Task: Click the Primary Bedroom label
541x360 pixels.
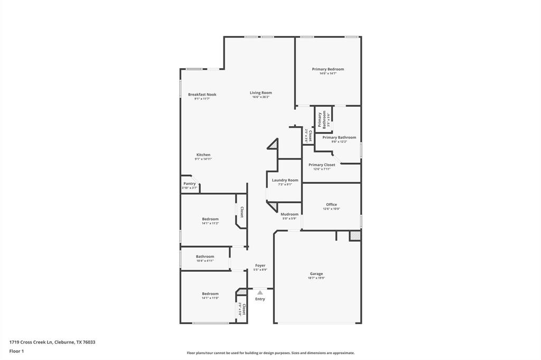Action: (x=328, y=69)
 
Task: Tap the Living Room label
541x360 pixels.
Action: (x=260, y=92)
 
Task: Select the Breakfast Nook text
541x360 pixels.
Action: (x=202, y=94)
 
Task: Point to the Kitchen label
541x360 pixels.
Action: (x=203, y=155)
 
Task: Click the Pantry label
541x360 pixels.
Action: (x=189, y=184)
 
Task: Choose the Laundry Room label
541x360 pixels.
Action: (x=285, y=180)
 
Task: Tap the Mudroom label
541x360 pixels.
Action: (x=290, y=214)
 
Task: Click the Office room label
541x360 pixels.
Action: (x=331, y=204)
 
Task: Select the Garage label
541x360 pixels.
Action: (x=316, y=273)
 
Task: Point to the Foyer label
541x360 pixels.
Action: (x=260, y=266)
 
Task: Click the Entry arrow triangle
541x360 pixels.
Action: (x=260, y=292)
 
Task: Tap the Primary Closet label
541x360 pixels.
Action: (x=322, y=165)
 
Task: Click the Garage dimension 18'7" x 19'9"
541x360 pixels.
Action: (x=316, y=278)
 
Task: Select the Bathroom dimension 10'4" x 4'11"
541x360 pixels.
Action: (x=205, y=261)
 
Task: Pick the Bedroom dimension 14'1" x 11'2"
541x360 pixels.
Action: (x=210, y=223)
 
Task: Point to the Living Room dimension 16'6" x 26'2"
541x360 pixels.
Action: (x=260, y=97)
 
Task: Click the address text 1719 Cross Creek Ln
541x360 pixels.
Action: (x=31, y=342)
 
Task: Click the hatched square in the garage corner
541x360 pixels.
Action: (x=355, y=236)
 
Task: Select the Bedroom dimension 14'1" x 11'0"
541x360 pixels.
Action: (x=210, y=298)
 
